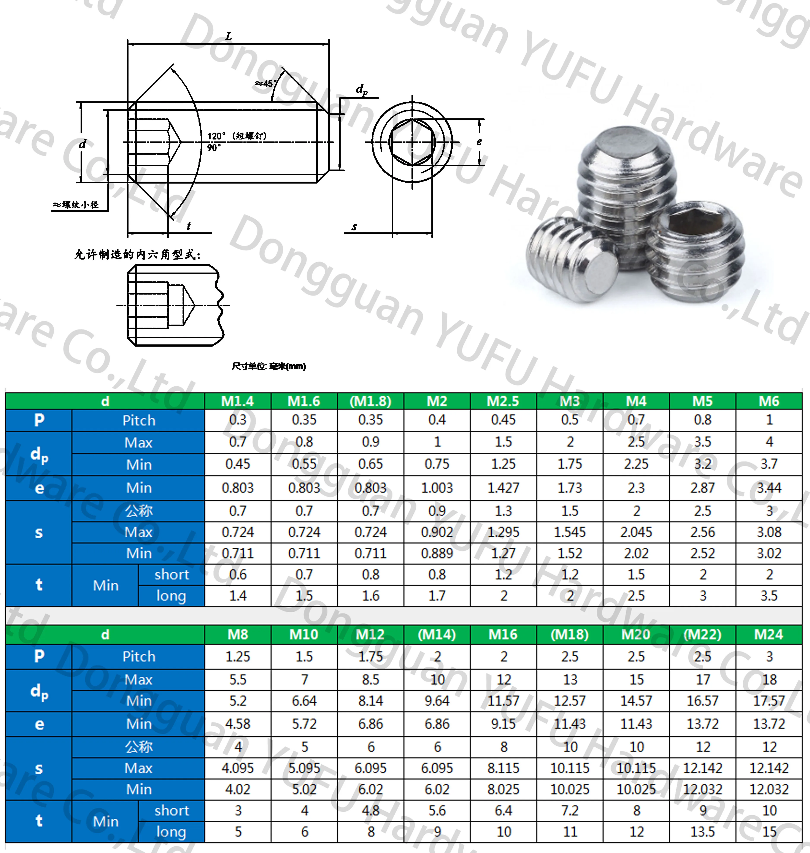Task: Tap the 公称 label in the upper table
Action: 139,511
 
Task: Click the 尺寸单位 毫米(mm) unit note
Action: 268,366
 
